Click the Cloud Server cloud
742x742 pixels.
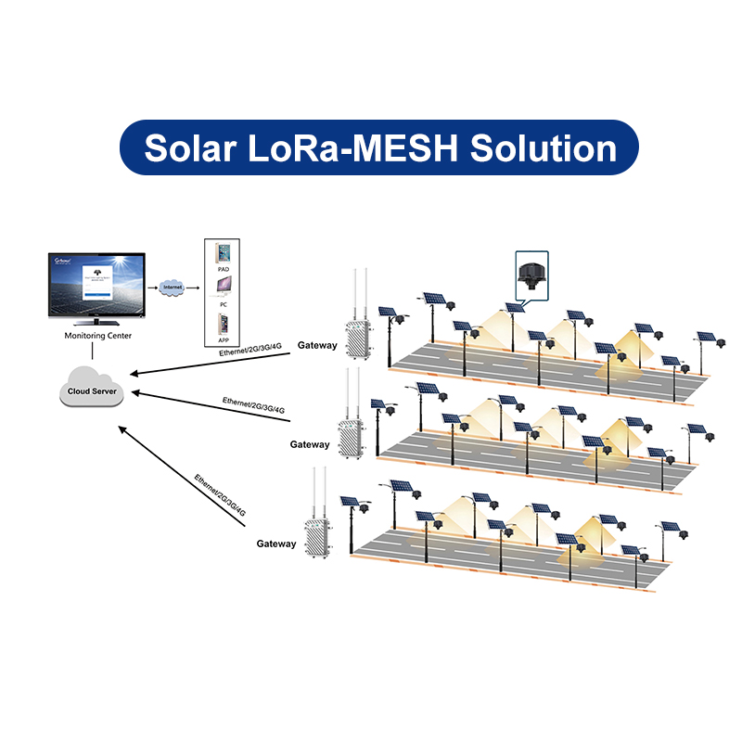pos(91,390)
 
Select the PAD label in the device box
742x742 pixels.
pos(223,269)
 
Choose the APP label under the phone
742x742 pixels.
pos(223,340)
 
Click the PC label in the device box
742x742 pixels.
pos(223,303)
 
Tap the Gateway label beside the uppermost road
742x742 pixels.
pos(317,345)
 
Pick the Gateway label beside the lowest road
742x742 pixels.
pos(276,544)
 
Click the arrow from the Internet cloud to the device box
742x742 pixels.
pos(194,288)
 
